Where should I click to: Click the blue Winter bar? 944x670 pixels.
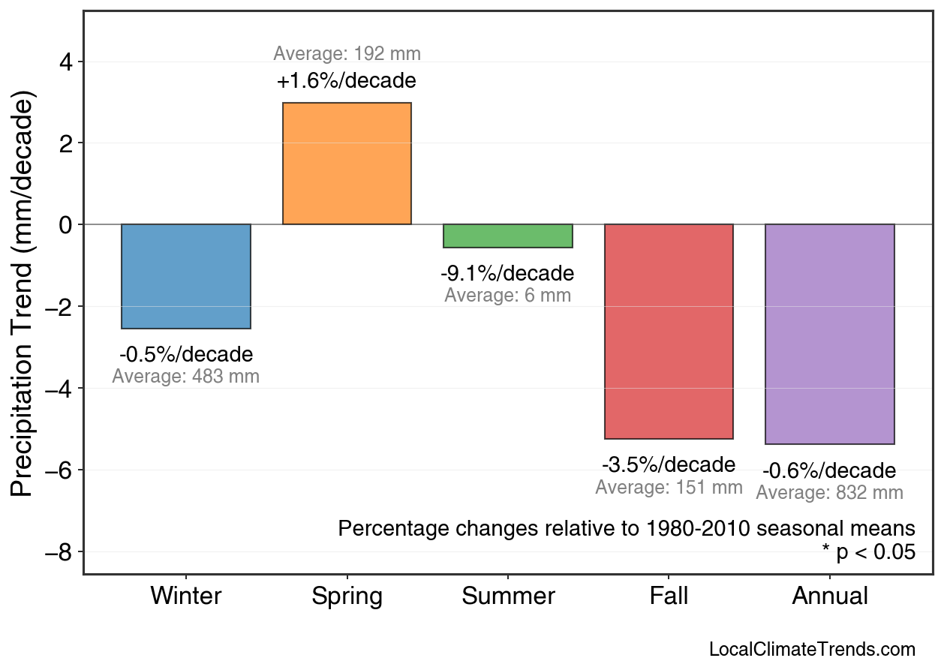[x=186, y=276]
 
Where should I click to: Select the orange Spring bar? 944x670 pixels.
[x=347, y=164]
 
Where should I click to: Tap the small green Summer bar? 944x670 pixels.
[x=508, y=236]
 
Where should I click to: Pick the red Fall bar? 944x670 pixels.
[x=669, y=331]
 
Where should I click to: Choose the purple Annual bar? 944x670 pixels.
[x=829, y=334]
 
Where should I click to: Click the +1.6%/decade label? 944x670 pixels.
[x=347, y=81]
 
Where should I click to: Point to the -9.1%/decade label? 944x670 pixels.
[x=507, y=273]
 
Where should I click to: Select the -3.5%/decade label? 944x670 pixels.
[x=669, y=464]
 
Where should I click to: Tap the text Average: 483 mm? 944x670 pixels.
[x=186, y=377]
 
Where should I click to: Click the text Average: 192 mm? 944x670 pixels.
[x=347, y=54]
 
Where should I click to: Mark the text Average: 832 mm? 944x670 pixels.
[x=829, y=493]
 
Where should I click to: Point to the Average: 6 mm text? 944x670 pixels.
[x=507, y=296]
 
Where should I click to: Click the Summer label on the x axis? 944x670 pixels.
[x=508, y=596]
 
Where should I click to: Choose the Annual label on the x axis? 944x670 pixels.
[x=829, y=596]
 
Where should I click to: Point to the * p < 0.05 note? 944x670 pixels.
[x=868, y=553]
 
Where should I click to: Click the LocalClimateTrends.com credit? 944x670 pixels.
[x=812, y=649]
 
